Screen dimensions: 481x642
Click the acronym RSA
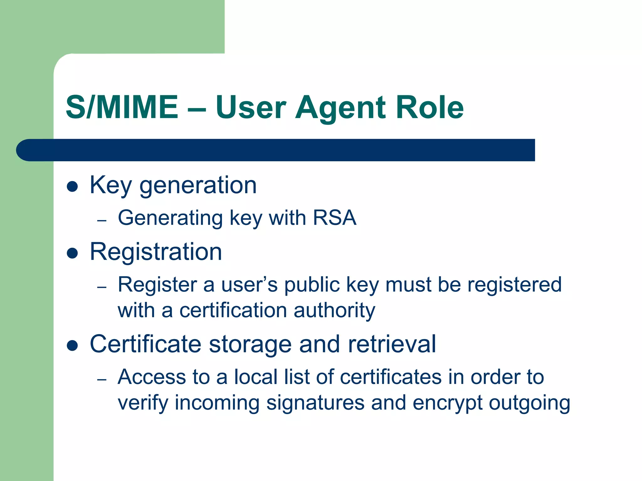coord(334,218)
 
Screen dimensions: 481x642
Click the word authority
coord(334,311)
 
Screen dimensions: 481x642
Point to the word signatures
coord(315,403)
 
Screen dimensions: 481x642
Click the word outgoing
coord(529,403)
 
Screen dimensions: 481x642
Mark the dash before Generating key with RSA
coord(102,221)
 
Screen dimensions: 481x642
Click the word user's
coord(250,285)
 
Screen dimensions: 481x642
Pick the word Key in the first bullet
coord(111,186)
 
